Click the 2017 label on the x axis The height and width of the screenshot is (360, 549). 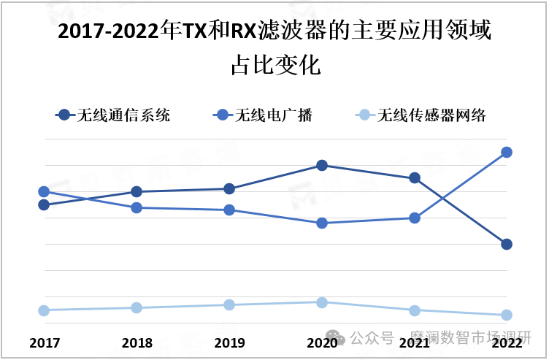pyautogui.click(x=44, y=343)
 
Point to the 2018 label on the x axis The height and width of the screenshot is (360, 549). pyautogui.click(x=137, y=343)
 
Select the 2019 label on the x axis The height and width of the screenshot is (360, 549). pyautogui.click(x=229, y=343)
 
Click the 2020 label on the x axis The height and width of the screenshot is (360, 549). pyautogui.click(x=322, y=343)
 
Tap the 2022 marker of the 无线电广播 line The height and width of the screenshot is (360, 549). pyautogui.click(x=507, y=152)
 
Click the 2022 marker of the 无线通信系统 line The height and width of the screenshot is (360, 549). pyautogui.click(x=507, y=244)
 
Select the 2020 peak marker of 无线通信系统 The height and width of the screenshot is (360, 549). pyautogui.click(x=322, y=165)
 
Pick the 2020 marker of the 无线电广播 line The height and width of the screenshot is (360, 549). pyautogui.click(x=322, y=223)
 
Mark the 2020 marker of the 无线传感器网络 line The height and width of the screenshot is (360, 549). pyautogui.click(x=322, y=302)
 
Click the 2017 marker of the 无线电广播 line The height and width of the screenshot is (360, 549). pyautogui.click(x=44, y=191)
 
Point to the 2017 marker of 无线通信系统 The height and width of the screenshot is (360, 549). pyautogui.click(x=44, y=204)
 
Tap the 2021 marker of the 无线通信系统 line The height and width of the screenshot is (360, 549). pyautogui.click(x=415, y=177)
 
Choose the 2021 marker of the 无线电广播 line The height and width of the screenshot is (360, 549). pyautogui.click(x=415, y=218)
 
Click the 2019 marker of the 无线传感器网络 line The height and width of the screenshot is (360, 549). pyautogui.click(x=229, y=305)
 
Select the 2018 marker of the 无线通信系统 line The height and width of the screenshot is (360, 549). pyautogui.click(x=137, y=191)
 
